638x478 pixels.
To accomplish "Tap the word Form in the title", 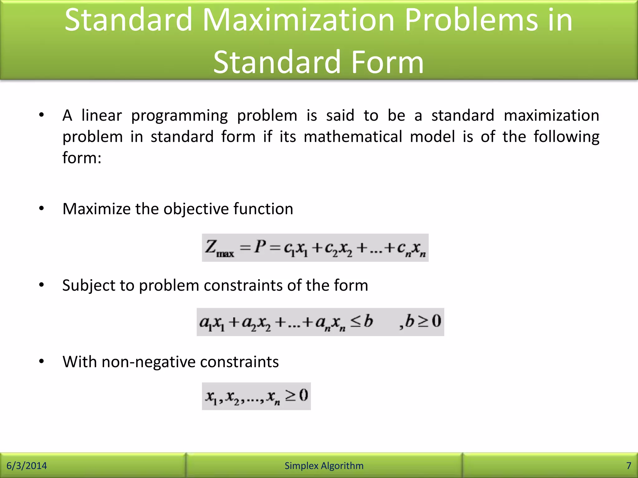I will click(x=387, y=63).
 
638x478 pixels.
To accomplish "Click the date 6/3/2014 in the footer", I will click(x=27, y=466).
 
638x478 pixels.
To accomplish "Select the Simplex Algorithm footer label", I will click(x=324, y=466).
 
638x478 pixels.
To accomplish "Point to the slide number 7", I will click(x=629, y=466).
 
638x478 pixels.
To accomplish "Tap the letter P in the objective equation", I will click(x=260, y=247).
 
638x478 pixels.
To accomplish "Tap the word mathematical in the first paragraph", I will click(x=353, y=137).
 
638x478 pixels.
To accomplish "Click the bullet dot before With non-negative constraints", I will click(x=41, y=361).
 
